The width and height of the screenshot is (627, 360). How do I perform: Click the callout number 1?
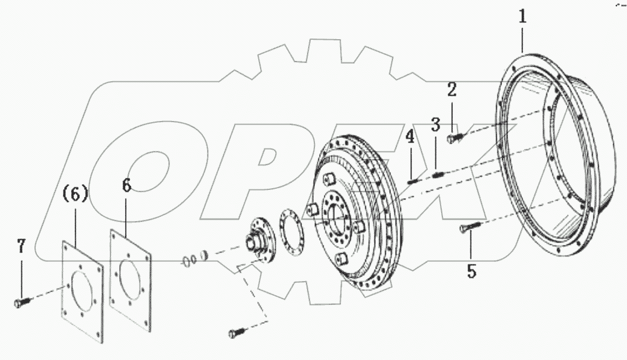522,16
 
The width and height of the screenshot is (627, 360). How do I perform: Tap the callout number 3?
435,124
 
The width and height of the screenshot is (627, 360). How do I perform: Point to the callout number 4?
410,138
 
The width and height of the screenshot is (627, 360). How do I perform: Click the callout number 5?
471,271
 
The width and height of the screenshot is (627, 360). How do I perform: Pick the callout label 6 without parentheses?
127,185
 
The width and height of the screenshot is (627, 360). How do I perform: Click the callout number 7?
21,247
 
